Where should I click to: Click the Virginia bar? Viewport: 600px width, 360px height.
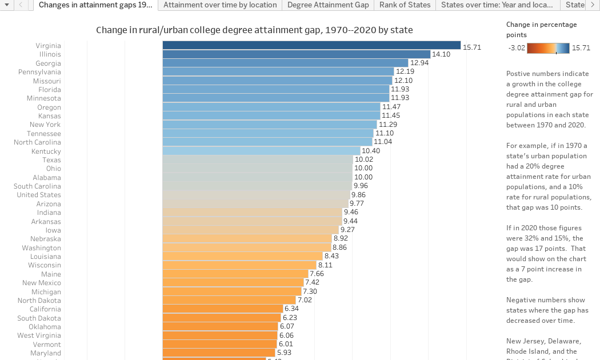(311, 45)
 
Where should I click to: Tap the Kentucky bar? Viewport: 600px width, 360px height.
(261, 151)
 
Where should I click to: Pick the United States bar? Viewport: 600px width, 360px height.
(256, 195)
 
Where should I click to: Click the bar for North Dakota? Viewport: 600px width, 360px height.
(229, 300)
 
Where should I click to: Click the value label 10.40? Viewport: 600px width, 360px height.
(371, 151)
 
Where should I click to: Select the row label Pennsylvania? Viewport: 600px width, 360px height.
(39, 72)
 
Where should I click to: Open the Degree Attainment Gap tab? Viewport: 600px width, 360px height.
(328, 5)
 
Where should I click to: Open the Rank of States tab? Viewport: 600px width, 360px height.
(405, 5)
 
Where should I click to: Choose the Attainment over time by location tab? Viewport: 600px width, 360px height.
(220, 5)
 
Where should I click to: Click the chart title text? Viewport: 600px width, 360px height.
(254, 30)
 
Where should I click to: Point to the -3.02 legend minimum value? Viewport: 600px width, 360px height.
(517, 49)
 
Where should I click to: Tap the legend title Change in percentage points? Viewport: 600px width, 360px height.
(542, 30)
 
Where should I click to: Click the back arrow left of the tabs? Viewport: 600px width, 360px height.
(21, 5)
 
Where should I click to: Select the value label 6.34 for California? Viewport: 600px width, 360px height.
(291, 309)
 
